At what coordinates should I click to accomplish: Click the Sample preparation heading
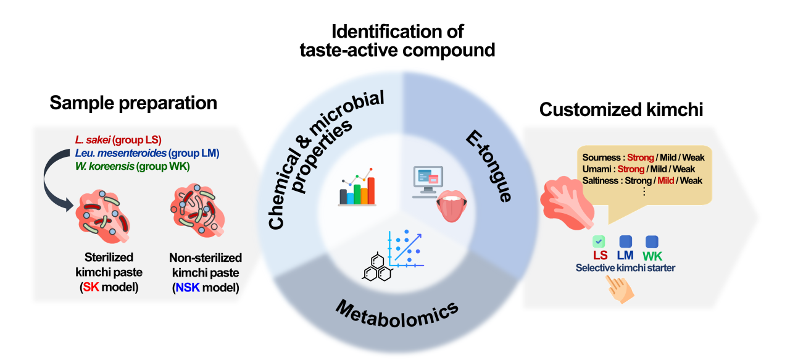[133, 103]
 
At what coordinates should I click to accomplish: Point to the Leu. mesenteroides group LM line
[146, 153]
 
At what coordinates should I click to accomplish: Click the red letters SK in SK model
[90, 288]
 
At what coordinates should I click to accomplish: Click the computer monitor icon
[426, 180]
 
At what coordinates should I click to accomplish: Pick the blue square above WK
[652, 242]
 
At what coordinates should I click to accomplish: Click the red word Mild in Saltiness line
[665, 180]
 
